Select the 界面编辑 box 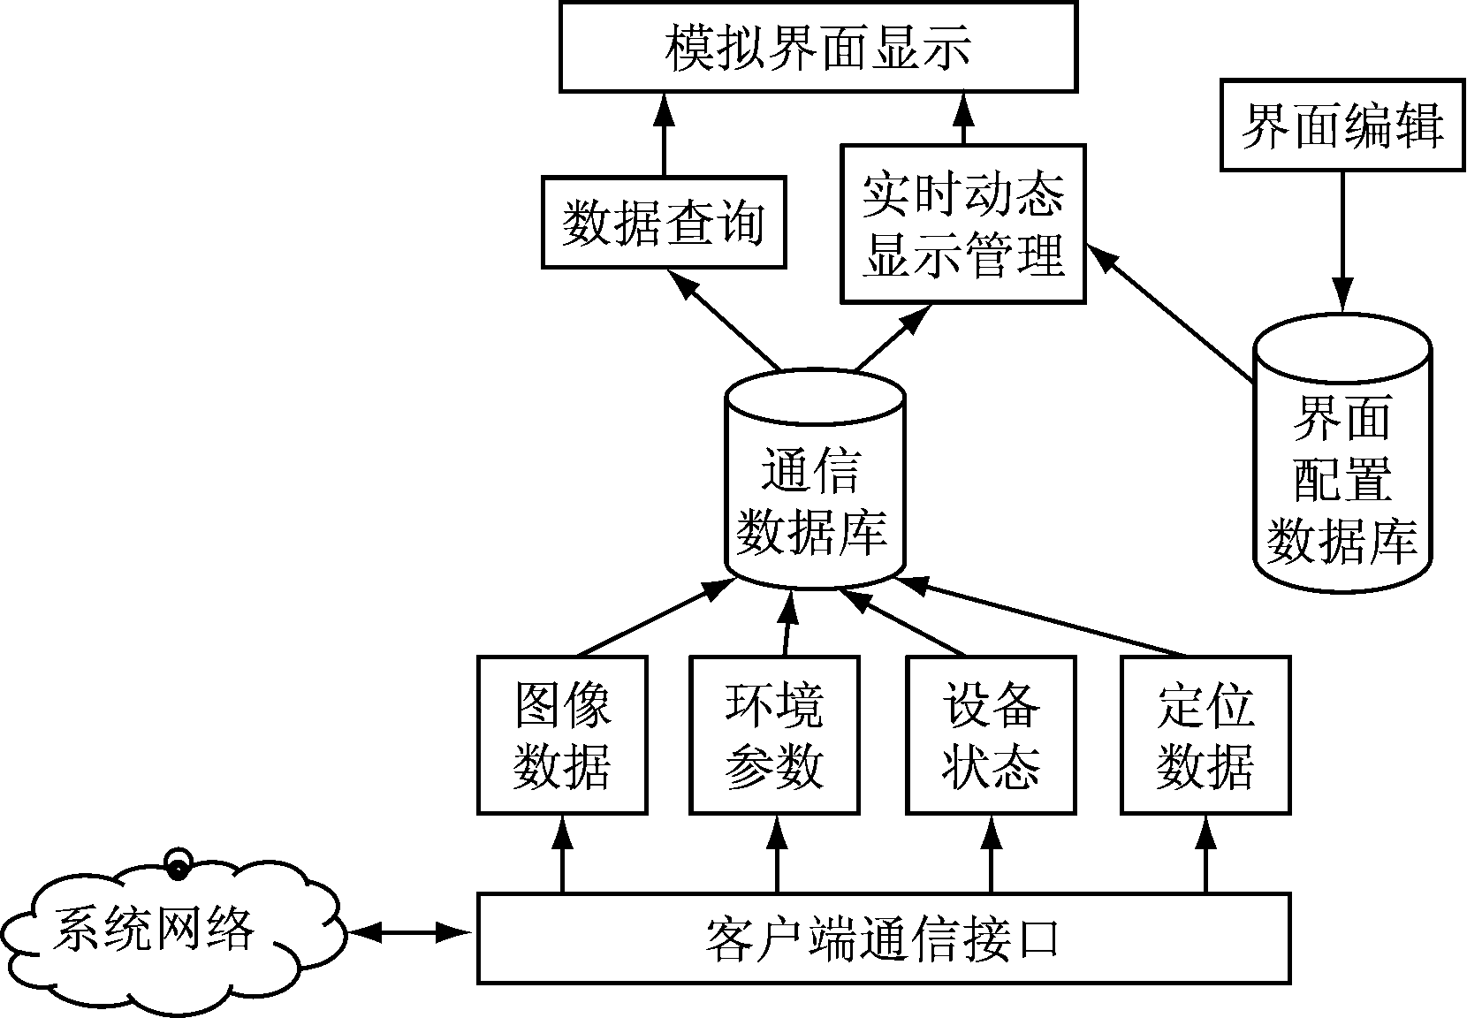[x=1342, y=125]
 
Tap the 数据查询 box [x=663, y=222]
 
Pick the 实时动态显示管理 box [x=962, y=224]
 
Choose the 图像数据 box [x=562, y=734]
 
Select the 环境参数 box [x=774, y=734]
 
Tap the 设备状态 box [x=991, y=734]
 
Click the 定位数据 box [x=1205, y=734]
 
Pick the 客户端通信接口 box [x=883, y=938]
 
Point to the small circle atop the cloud [x=179, y=862]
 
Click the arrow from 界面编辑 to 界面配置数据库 [x=1342, y=239]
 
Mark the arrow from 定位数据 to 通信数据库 [x=1043, y=618]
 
